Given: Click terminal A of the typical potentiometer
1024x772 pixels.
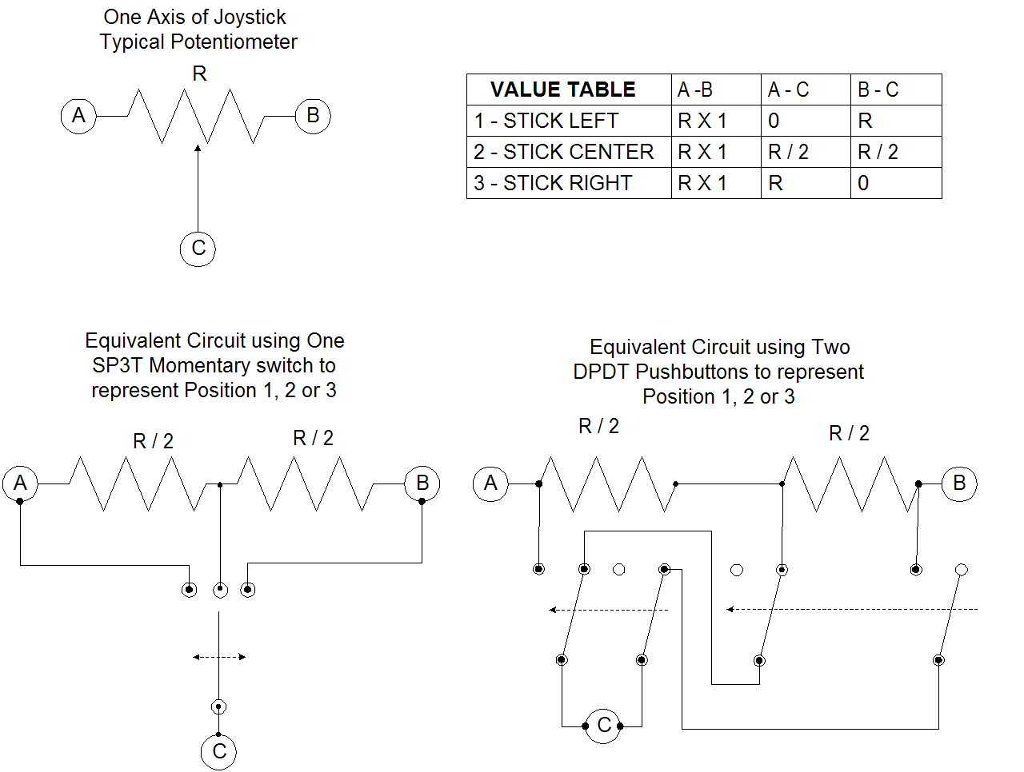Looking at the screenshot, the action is coord(78,116).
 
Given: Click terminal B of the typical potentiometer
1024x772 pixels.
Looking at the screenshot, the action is coord(313,116).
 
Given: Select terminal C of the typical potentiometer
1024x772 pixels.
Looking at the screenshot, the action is coord(198,249).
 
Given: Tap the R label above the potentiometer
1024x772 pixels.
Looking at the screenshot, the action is coord(199,74).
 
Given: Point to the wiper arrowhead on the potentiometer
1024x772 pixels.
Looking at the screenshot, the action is coord(198,148).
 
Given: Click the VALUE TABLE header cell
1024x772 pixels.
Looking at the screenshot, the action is coord(562,90).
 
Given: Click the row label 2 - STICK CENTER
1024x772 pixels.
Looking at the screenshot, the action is coord(563,152).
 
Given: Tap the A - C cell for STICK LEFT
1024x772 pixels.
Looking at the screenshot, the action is coord(806,121).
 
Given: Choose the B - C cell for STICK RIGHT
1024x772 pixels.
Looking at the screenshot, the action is coord(896,183).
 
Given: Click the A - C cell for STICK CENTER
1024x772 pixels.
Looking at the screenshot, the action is coord(806,152).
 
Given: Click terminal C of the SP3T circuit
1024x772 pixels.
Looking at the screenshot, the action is coord(218,751).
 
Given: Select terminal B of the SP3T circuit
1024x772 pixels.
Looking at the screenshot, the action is coord(422,483).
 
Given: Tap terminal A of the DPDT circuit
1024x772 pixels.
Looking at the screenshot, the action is coord(490,483).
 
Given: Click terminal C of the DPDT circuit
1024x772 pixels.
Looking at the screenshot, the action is coord(602,726).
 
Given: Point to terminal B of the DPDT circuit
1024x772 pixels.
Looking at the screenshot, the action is coord(959,483).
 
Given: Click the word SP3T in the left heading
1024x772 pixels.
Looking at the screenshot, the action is coord(117,365).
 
